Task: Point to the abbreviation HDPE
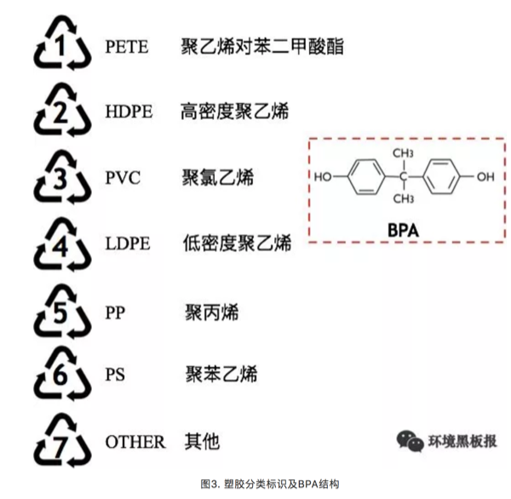click(x=129, y=112)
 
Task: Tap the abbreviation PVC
click(x=123, y=178)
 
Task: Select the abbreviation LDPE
click(x=128, y=244)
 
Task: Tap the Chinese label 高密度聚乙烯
click(x=235, y=112)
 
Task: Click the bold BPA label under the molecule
click(x=403, y=228)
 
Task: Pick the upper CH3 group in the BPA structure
click(x=404, y=153)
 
